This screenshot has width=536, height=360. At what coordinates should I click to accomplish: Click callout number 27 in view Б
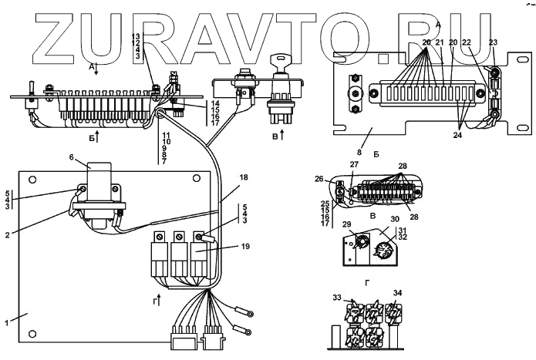coord(355,164)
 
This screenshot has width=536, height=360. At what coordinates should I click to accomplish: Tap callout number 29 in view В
coord(348,224)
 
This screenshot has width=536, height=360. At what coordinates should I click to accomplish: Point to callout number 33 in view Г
coord(338,296)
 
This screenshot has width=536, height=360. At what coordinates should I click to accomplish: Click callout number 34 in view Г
coord(398,294)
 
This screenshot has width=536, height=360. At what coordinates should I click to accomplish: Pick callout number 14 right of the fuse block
coord(215,103)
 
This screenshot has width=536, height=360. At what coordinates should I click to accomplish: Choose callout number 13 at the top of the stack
coord(136,36)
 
